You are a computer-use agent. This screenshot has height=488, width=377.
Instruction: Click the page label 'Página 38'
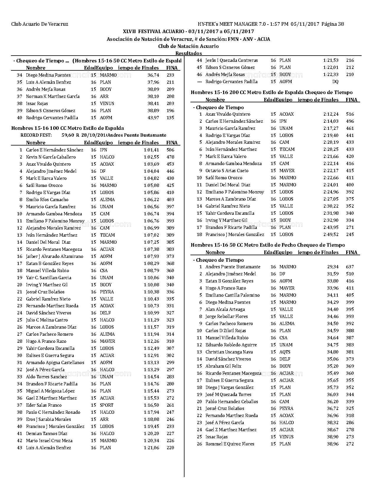(333, 24)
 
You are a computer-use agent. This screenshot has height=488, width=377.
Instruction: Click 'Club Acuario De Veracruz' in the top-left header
(40, 24)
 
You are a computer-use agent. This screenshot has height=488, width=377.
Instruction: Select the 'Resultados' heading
(189, 53)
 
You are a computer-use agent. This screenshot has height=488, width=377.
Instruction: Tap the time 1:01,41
(151, 150)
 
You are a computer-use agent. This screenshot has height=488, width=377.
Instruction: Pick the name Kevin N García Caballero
(51, 157)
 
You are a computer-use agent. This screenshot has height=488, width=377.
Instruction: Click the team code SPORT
(106, 405)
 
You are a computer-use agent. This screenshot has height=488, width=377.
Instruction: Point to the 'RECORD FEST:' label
(36, 135)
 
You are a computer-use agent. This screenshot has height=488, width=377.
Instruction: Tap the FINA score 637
(350, 267)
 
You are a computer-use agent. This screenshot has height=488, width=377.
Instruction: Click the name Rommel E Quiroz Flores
(230, 444)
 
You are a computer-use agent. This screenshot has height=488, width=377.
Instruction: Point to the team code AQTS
(285, 352)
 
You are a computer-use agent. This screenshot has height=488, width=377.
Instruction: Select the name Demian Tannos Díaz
(46, 434)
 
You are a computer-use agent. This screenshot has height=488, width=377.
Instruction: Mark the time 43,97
(153, 118)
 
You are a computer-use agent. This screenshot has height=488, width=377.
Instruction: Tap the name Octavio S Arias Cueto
(227, 171)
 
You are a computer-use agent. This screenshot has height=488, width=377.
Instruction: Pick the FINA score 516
(350, 114)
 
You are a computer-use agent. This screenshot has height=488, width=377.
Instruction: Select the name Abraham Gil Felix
(223, 366)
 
